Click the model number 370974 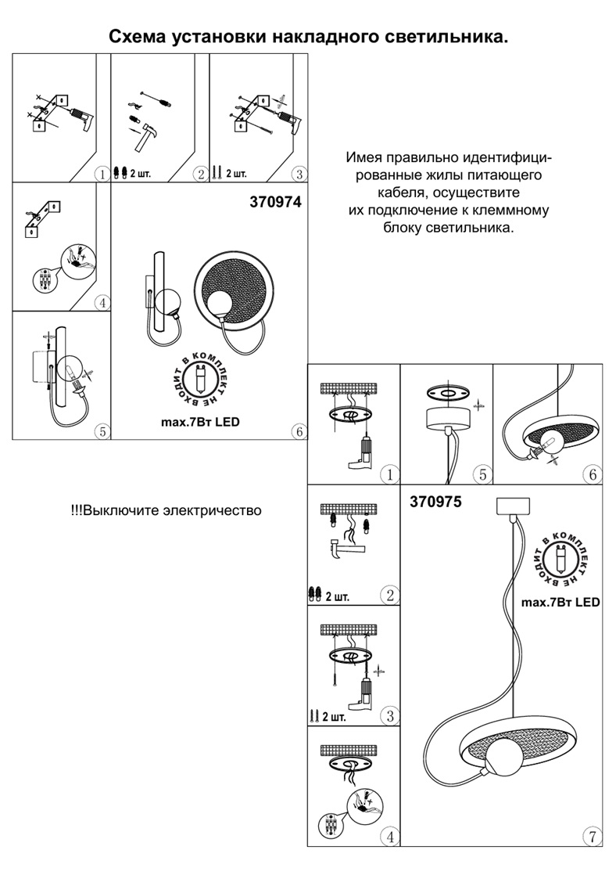point(274,201)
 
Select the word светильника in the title point(442,36)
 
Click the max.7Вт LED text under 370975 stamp point(560,603)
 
